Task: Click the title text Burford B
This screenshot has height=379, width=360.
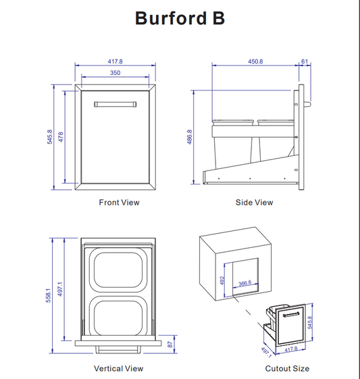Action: [x=180, y=18]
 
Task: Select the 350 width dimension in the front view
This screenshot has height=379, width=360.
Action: [x=115, y=72]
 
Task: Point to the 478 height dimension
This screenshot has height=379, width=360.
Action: [x=61, y=137]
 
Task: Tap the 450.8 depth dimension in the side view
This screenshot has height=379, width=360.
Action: [x=255, y=61]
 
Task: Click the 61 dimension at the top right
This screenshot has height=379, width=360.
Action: [x=305, y=61]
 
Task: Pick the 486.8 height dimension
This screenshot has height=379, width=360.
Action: [x=189, y=137]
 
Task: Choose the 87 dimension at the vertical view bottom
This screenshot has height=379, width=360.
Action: [x=170, y=345]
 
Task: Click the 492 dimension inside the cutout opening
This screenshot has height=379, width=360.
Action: [x=222, y=280]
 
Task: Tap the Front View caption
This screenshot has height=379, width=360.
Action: [x=119, y=203]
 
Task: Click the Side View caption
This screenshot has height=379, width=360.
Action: [x=254, y=203]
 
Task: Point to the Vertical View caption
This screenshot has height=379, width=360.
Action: [x=118, y=368]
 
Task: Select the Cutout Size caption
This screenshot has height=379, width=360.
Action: [x=287, y=368]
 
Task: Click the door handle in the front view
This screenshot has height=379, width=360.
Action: [x=115, y=104]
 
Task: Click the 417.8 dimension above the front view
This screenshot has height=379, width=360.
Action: [x=115, y=61]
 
